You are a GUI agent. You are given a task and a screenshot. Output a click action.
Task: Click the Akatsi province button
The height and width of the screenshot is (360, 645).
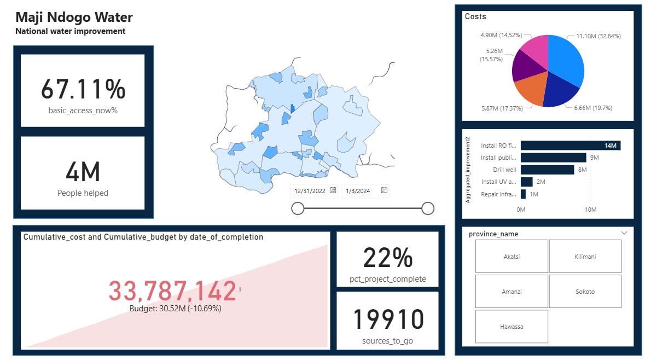[511, 256]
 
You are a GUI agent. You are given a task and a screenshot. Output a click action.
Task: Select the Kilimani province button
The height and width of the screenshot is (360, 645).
[585, 256]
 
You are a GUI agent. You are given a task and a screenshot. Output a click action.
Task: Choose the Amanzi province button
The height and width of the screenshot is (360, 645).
[511, 292]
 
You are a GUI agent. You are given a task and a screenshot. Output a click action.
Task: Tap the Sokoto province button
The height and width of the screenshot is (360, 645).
[585, 292]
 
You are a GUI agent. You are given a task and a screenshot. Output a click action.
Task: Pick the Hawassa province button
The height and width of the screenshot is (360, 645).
[511, 327]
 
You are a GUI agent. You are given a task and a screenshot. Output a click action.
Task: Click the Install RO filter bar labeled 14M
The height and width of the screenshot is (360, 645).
[570, 146]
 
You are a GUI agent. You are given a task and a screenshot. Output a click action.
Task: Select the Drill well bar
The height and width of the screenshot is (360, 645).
[547, 170]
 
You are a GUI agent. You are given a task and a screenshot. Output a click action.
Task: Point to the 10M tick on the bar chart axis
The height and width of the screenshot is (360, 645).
[590, 210]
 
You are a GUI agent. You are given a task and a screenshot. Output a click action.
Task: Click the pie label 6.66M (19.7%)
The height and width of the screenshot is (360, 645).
[594, 108]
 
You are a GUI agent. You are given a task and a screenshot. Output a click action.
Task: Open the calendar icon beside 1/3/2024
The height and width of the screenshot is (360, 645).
[384, 190]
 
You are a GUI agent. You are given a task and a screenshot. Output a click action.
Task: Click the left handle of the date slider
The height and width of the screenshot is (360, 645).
[298, 208]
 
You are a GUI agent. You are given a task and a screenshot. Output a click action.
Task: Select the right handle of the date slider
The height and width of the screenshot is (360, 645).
[428, 208]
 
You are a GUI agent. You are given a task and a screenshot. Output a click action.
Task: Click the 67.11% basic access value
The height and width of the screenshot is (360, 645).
[83, 89]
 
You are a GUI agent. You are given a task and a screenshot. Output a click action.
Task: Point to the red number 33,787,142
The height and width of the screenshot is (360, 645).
[172, 291]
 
